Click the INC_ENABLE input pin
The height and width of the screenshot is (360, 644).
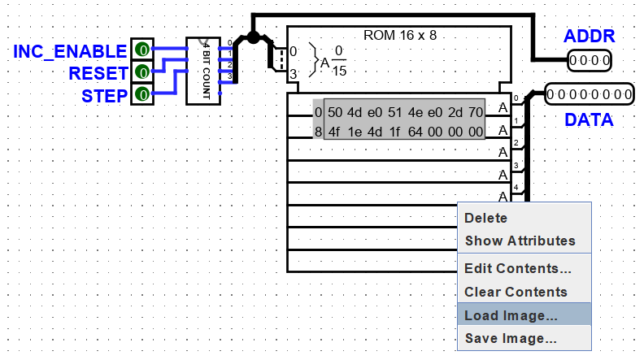pyautogui.click(x=142, y=50)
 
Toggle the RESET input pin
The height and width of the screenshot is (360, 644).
pyautogui.click(x=142, y=72)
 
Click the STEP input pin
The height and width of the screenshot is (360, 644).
pyautogui.click(x=142, y=94)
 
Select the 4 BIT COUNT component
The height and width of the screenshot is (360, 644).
pyautogui.click(x=203, y=71)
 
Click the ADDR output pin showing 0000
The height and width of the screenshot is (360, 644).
pyautogui.click(x=590, y=61)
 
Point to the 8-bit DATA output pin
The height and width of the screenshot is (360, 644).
pyautogui.click(x=590, y=94)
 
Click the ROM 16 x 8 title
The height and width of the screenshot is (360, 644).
pyautogui.click(x=400, y=35)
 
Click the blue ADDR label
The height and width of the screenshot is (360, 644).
pyautogui.click(x=589, y=36)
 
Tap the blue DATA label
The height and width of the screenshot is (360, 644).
pyautogui.click(x=589, y=119)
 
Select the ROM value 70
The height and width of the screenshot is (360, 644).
pyautogui.click(x=476, y=112)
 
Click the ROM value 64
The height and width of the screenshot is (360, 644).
pyautogui.click(x=416, y=132)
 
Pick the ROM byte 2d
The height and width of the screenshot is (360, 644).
pyautogui.click(x=455, y=112)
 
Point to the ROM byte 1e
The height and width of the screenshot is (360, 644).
pyautogui.click(x=355, y=132)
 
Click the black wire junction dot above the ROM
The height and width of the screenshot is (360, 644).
pyautogui.click(x=253, y=37)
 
